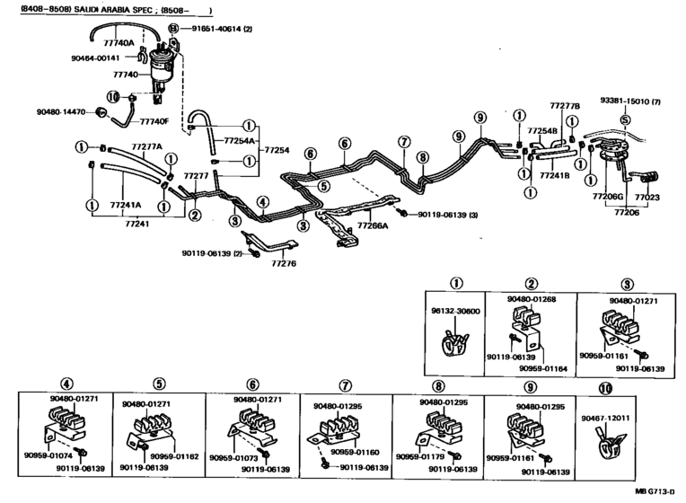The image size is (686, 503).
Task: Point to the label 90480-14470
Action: point(61,112)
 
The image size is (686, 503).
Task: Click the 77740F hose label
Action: point(154,120)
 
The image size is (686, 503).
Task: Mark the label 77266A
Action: point(372,226)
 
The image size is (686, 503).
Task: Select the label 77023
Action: point(646,197)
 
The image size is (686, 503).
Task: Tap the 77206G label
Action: point(607,197)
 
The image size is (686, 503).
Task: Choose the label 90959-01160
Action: point(369,452)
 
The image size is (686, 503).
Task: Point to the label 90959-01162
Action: point(176,457)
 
